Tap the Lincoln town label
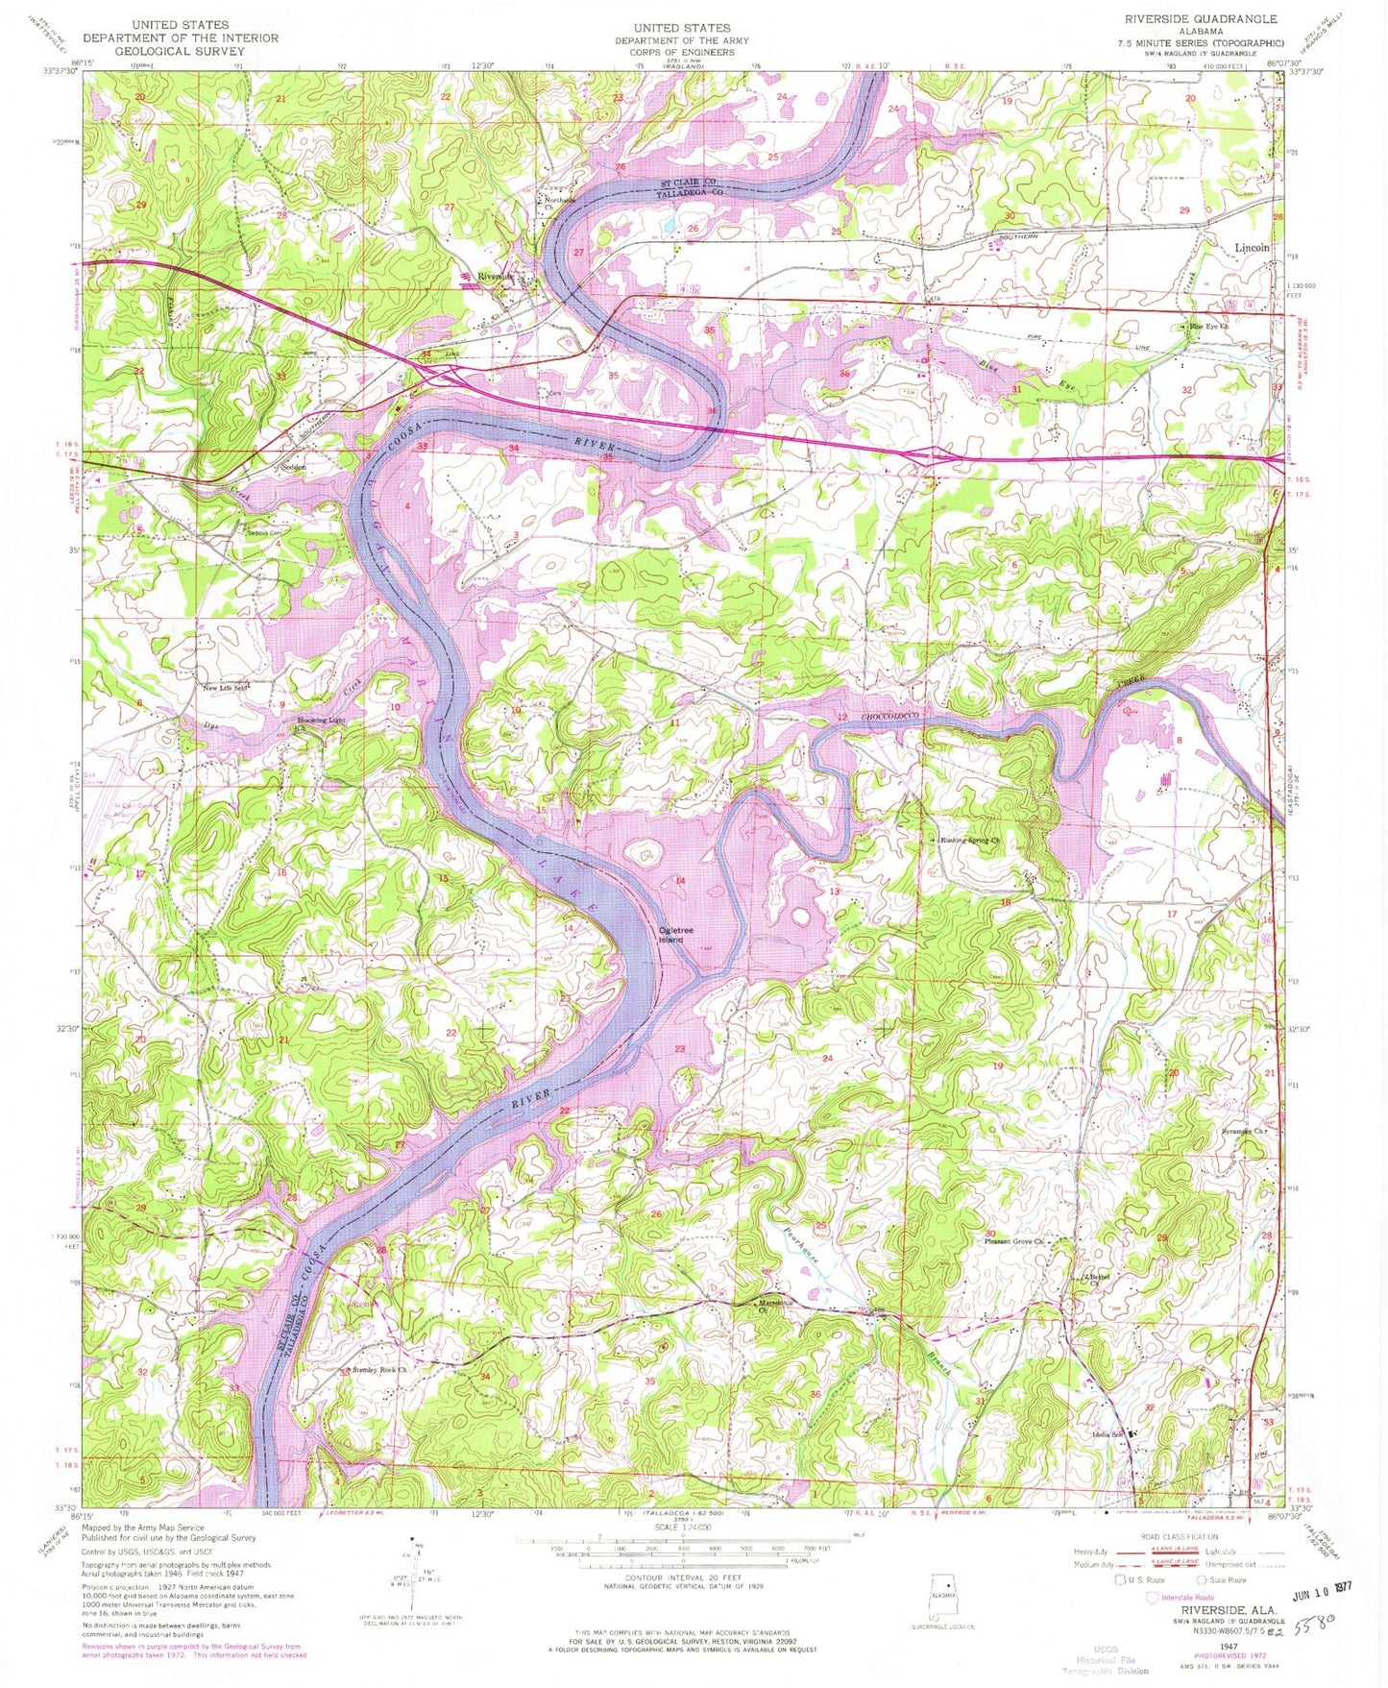(1251, 248)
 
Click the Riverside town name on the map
(496, 278)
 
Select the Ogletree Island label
(670, 934)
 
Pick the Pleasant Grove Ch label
(1013, 1242)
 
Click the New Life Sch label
(225, 688)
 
